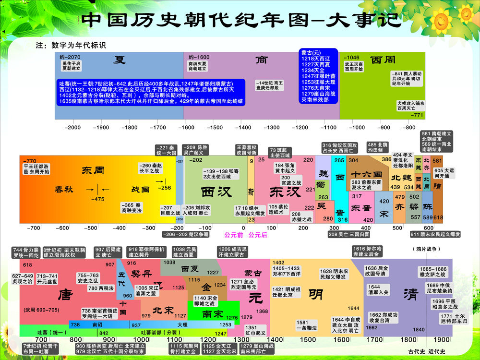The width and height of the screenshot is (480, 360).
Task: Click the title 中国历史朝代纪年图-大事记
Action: [240, 20]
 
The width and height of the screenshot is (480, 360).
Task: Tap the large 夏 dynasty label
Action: [120, 60]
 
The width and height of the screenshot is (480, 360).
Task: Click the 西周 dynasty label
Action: [384, 60]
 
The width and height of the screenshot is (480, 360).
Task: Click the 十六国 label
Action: [366, 174]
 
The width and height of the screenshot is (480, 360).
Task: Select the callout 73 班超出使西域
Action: [280, 153]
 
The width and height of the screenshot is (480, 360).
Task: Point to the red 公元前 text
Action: [234, 235]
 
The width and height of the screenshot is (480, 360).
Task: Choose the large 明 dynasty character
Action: [316, 293]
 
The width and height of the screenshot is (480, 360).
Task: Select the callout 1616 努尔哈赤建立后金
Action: [367, 252]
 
